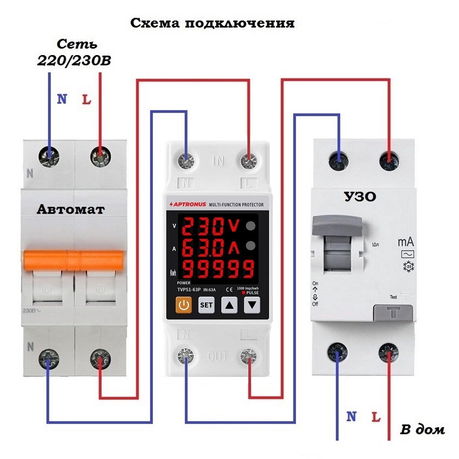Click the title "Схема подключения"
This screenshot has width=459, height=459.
(212, 23)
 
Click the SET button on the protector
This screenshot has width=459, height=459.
(206, 305)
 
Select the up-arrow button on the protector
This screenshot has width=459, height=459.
(229, 305)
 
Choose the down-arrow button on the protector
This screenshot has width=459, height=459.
(252, 305)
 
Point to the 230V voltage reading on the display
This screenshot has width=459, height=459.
(213, 226)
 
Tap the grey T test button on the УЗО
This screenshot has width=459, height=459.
(393, 313)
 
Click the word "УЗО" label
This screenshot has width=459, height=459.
(360, 197)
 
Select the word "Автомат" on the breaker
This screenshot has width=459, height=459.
(71, 210)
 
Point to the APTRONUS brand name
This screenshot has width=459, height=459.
(189, 205)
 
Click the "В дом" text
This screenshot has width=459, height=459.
(422, 429)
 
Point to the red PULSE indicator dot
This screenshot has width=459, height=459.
(244, 293)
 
